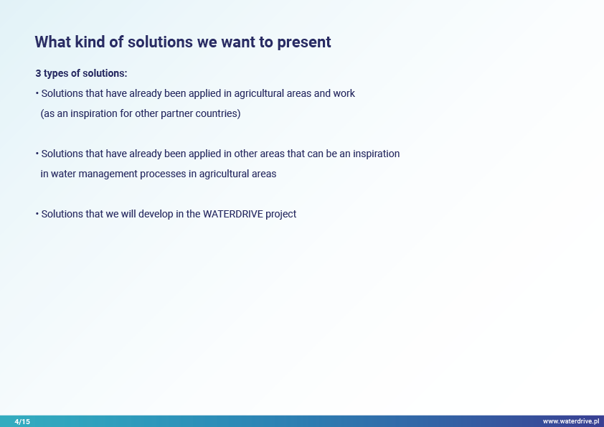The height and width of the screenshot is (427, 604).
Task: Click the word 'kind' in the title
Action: click(x=90, y=42)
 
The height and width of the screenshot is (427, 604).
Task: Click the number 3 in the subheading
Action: click(x=38, y=73)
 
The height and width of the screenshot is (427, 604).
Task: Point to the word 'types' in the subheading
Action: click(x=56, y=74)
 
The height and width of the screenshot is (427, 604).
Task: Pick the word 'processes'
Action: click(x=163, y=174)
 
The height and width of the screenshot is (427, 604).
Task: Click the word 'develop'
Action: click(x=156, y=215)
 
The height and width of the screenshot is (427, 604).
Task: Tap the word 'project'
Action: click(x=280, y=215)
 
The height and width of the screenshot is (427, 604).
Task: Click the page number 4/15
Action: click(x=22, y=421)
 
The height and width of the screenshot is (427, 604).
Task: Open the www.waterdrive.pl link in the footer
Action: click(x=571, y=421)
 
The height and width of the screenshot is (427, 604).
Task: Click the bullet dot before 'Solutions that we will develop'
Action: click(x=37, y=214)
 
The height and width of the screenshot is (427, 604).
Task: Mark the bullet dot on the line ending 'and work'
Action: click(x=37, y=93)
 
